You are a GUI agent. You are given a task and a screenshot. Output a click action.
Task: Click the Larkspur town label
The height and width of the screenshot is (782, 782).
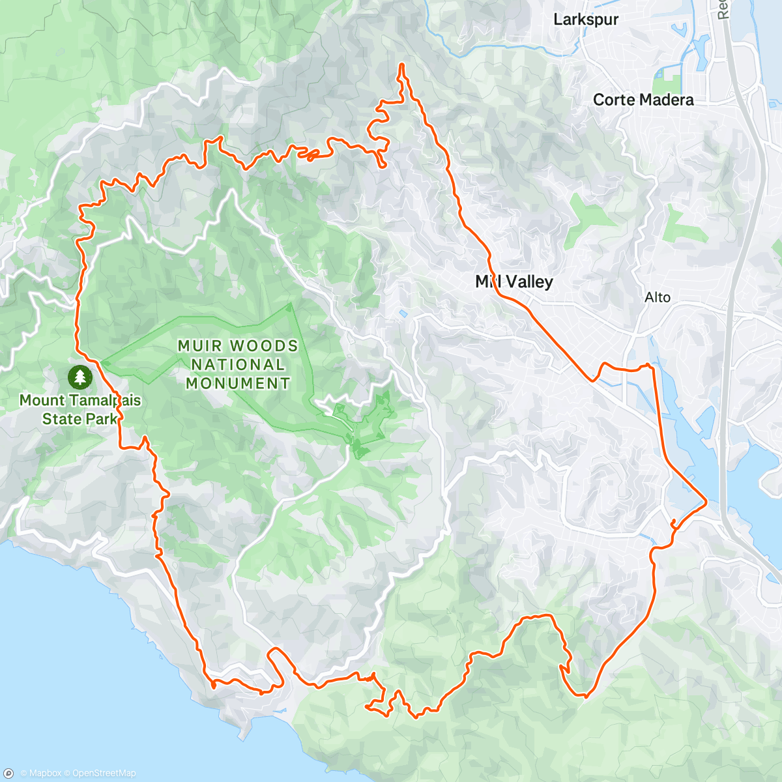point(585,20)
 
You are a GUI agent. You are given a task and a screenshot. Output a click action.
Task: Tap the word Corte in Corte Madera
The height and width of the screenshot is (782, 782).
point(613,100)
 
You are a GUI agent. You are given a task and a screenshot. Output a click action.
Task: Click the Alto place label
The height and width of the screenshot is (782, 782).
point(657,297)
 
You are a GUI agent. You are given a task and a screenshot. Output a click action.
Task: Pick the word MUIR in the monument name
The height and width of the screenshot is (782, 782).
point(199,346)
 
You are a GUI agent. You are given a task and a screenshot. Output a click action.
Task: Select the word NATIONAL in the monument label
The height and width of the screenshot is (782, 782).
point(238,365)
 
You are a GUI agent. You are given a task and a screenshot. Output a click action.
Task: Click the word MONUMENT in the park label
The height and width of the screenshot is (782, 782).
point(238,384)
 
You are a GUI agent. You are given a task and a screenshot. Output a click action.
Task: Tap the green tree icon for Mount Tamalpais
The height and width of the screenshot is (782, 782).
point(80,376)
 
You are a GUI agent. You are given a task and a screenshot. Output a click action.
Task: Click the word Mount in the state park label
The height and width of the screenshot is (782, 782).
point(42,400)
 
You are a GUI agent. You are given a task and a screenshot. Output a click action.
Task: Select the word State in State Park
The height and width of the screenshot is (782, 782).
point(61,418)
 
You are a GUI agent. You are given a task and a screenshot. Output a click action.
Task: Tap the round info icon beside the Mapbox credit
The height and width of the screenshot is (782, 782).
point(8,773)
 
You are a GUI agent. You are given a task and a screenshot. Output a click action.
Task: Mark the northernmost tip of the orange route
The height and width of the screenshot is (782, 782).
point(402,64)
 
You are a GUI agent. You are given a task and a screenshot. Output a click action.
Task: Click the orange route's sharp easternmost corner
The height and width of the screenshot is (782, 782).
point(706,502)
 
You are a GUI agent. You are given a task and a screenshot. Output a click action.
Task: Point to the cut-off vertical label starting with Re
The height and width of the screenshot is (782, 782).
point(722,9)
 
